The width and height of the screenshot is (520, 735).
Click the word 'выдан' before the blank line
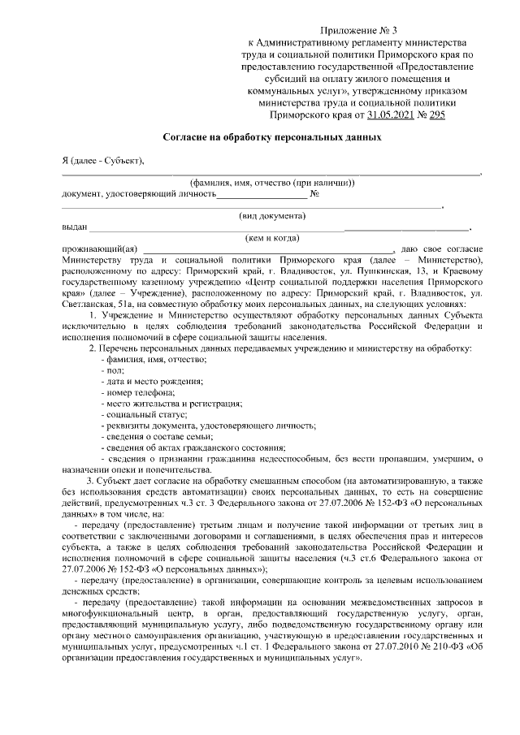(x=74, y=227)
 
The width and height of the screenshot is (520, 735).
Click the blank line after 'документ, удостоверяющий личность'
(x=262, y=193)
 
